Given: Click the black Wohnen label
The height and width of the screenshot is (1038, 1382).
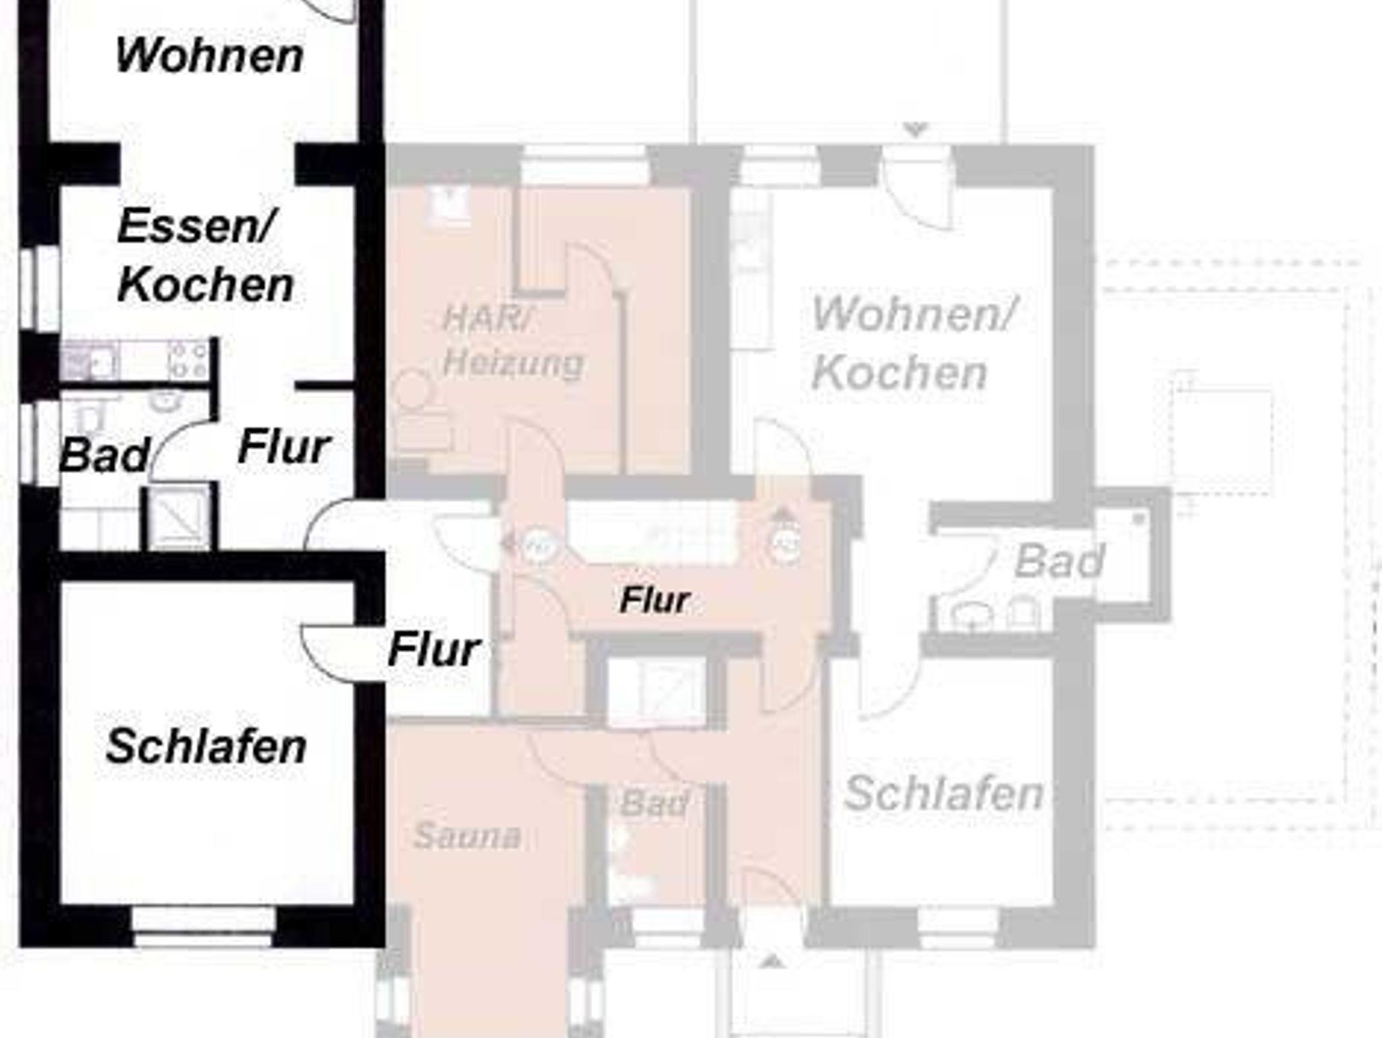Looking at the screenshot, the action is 209,55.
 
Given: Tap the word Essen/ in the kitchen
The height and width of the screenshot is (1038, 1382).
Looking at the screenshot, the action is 196,226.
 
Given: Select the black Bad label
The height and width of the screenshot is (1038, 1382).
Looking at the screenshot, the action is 104,456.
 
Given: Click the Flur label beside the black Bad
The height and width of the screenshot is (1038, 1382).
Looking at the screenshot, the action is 284,446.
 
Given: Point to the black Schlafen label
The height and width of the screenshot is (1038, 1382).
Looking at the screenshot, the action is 206,746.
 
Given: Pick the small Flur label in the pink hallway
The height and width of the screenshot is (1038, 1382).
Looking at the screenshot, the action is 655,600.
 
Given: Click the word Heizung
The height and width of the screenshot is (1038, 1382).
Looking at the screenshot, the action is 513,364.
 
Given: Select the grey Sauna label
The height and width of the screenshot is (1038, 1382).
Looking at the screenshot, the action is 467,836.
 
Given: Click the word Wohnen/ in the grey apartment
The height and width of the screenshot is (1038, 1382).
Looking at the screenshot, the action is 912,314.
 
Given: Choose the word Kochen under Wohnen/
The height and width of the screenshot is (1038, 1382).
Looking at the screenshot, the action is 900,372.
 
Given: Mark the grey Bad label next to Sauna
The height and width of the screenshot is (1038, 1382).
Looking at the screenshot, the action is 654,803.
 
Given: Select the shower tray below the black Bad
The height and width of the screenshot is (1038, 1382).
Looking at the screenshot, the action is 179,516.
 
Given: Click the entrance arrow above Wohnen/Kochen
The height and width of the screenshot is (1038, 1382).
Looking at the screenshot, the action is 916,129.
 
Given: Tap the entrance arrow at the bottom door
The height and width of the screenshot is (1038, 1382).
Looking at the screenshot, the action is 773,960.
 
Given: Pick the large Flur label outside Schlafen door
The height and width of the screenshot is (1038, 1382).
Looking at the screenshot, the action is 434,649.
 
